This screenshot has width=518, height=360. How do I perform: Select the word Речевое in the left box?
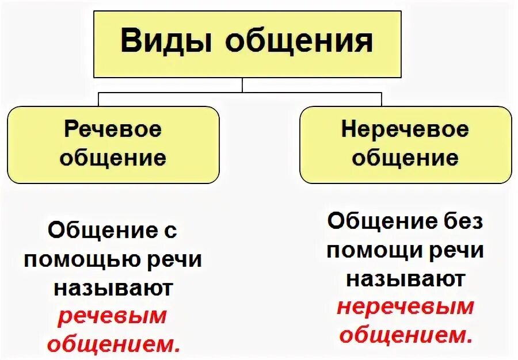[113, 129]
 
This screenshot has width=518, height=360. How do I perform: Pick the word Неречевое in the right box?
[405, 129]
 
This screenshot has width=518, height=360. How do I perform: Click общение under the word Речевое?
[113, 157]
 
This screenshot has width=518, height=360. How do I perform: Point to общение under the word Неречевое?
[405, 157]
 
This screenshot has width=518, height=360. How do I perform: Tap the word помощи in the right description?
[380, 251]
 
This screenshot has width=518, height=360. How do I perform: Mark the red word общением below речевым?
[113, 343]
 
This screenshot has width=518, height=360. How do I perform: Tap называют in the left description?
[113, 287]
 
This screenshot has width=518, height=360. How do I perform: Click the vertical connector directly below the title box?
[242, 85]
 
